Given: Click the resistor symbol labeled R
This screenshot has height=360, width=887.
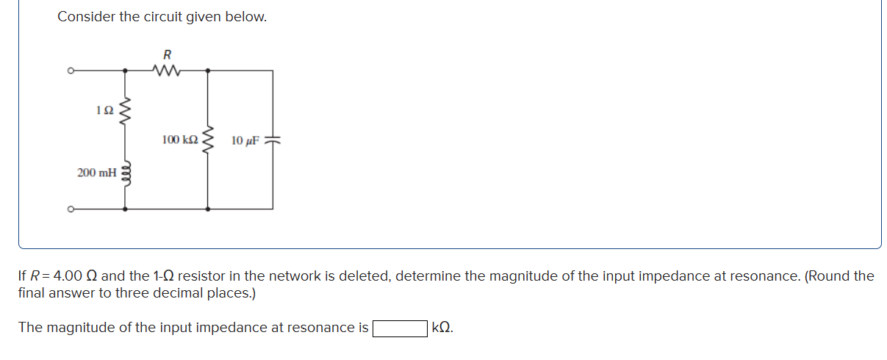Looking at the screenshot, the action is pyautogui.click(x=167, y=71).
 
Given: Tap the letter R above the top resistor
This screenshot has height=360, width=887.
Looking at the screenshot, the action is pyautogui.click(x=167, y=54).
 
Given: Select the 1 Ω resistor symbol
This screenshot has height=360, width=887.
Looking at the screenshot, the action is pyautogui.click(x=126, y=111).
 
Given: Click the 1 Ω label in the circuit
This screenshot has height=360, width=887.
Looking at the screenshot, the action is pyautogui.click(x=104, y=111).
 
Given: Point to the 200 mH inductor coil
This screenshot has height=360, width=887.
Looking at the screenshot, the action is pyautogui.click(x=126, y=173).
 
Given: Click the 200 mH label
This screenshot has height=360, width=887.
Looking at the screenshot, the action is pyautogui.click(x=96, y=173).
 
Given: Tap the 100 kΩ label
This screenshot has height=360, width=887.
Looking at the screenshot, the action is pyautogui.click(x=180, y=140).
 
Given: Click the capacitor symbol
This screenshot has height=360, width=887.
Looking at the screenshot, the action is pyautogui.click(x=273, y=140).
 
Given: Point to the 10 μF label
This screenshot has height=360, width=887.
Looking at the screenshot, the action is pyautogui.click(x=245, y=140).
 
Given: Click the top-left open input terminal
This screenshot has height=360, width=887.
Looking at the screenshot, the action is pyautogui.click(x=71, y=71).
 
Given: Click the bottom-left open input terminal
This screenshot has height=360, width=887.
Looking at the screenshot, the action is pyautogui.click(x=71, y=209).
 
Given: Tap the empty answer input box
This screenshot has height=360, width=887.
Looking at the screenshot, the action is pyautogui.click(x=401, y=328).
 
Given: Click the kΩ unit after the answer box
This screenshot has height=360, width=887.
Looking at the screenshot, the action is pyautogui.click(x=442, y=328).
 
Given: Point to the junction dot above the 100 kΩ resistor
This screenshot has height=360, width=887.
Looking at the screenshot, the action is pyautogui.click(x=208, y=71).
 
